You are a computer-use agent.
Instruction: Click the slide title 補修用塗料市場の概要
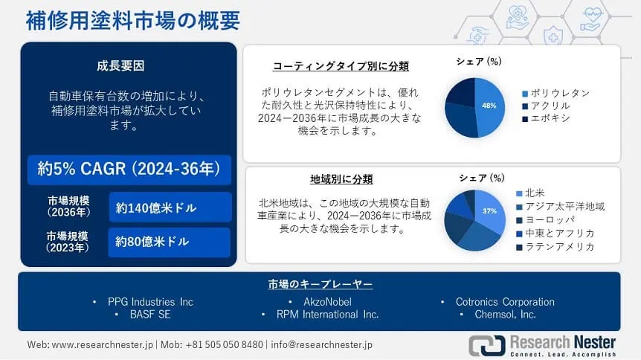(x=133, y=21)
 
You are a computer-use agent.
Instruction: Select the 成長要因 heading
(x=120, y=66)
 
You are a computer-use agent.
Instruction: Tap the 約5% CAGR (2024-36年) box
(x=129, y=170)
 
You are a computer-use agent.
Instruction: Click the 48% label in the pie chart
(x=489, y=106)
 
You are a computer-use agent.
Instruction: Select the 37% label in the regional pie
(x=489, y=211)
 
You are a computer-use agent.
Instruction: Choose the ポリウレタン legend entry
(x=556, y=94)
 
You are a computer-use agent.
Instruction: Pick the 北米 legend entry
(x=531, y=193)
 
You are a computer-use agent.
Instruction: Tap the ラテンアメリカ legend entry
(x=555, y=247)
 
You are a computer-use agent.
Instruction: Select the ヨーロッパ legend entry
(x=545, y=220)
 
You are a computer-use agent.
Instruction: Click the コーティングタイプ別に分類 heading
(x=341, y=66)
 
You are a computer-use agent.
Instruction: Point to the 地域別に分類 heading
(x=341, y=179)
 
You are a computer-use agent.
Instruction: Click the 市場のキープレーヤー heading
(x=320, y=284)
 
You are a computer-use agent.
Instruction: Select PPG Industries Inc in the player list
(x=150, y=302)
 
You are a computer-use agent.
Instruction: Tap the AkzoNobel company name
(x=327, y=302)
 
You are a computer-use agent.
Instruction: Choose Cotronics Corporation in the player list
(x=505, y=302)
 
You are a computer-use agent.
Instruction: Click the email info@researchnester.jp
(x=322, y=345)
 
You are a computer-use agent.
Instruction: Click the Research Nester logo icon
(x=487, y=345)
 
